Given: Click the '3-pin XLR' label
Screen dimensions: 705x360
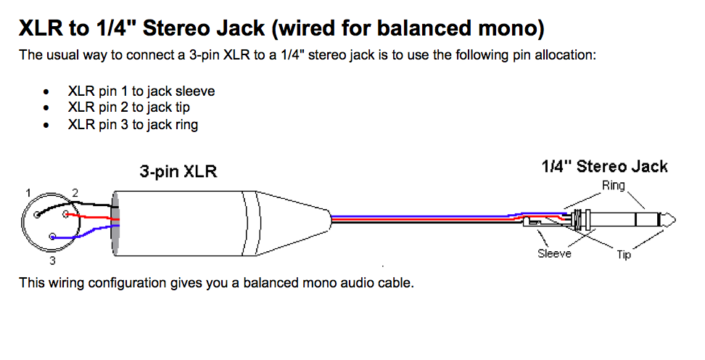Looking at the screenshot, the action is pos(178,171).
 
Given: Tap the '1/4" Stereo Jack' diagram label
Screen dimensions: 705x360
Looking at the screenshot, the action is pos(604,166).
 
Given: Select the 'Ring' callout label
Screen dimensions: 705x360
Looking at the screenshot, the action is pos(614,185).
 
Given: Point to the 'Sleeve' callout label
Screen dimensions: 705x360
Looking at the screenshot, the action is pos(554,253).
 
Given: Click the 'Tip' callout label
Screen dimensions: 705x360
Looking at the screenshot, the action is pos(624,255).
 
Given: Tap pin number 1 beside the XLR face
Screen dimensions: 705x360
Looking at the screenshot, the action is pos(28,193).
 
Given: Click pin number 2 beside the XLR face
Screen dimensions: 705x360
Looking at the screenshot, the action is pos(75,193).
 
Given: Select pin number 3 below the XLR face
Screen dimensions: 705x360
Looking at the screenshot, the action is pos(52,261).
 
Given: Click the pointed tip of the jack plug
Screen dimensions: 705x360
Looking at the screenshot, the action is pos(675,220).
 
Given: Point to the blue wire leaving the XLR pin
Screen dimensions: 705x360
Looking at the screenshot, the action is pos(86,231).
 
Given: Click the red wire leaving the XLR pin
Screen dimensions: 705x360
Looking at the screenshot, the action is pos(92,217).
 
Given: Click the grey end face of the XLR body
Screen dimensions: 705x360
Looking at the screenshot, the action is pos(116,224).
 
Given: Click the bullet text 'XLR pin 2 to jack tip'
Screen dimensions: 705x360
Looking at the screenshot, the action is pos(129,107).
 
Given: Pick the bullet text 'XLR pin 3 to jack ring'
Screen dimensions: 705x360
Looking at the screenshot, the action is pos(133,125).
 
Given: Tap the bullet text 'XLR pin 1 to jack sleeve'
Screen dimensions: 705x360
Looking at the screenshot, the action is pos(141,91).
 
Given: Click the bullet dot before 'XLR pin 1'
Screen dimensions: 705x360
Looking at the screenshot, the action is pos(46,91).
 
